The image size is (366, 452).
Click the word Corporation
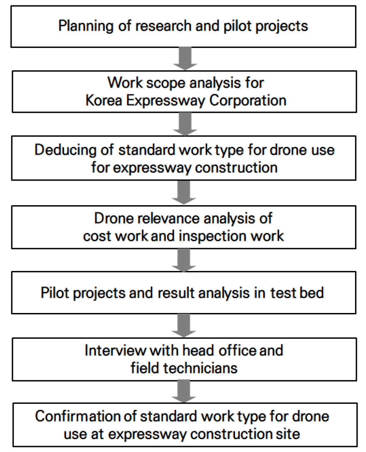click(247, 101)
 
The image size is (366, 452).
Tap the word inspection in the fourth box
click(213, 236)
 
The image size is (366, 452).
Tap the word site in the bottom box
click(288, 434)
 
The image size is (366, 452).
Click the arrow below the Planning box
click(185, 59)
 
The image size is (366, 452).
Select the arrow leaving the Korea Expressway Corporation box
click(185, 124)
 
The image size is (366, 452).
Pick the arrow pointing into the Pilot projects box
click(184, 260)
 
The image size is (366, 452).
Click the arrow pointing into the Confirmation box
click(184, 391)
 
